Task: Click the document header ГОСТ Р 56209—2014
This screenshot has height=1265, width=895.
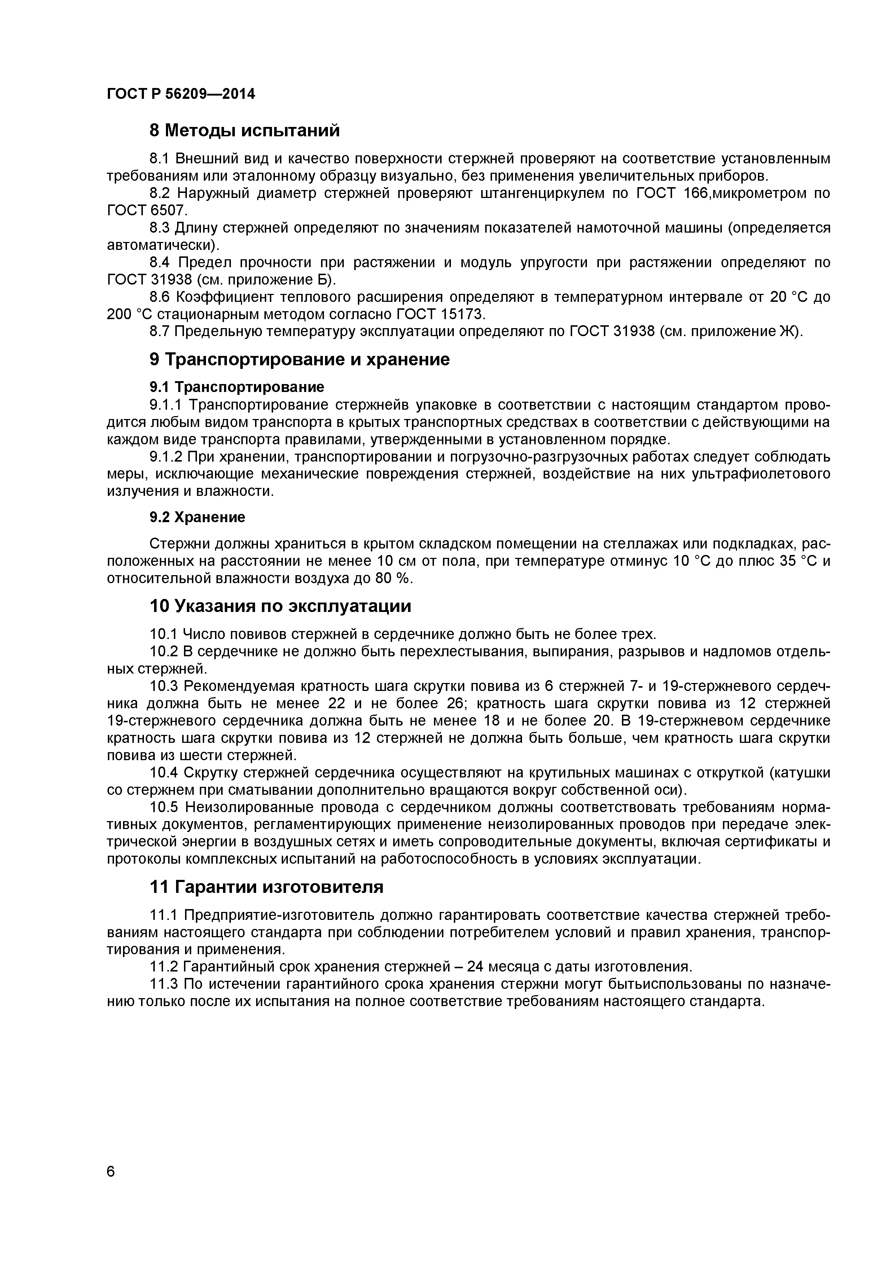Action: click(x=181, y=94)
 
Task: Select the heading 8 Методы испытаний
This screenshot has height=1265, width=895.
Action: click(x=245, y=131)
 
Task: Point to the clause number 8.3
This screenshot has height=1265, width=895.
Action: click(x=161, y=228)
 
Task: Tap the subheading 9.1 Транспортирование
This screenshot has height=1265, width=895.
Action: click(x=237, y=387)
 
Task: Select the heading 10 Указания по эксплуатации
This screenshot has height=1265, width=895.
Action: click(x=281, y=607)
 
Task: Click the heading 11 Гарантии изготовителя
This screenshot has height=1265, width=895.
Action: click(x=266, y=887)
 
